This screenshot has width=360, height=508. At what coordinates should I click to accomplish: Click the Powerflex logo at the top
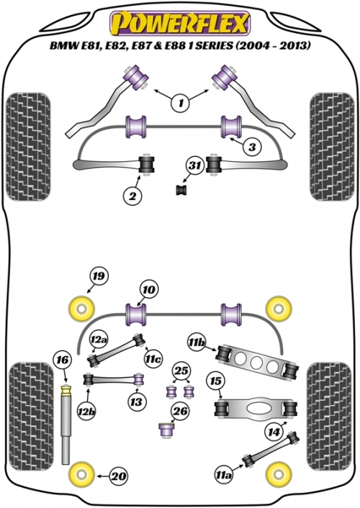pyautogui.click(x=180, y=23)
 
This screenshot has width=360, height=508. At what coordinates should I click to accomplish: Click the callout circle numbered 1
pyautogui.click(x=181, y=103)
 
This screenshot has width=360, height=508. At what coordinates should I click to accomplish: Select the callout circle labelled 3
pyautogui.click(x=252, y=147)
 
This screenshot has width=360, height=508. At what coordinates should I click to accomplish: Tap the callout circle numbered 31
pyautogui.click(x=195, y=166)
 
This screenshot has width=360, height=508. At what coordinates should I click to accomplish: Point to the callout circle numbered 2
pyautogui.click(x=132, y=196)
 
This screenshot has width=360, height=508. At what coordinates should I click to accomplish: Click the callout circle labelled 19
pyautogui.click(x=99, y=276)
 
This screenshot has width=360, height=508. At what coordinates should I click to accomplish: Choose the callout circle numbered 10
pyautogui.click(x=148, y=289)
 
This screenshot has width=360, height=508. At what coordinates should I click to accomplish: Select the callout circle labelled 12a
pyautogui.click(x=99, y=340)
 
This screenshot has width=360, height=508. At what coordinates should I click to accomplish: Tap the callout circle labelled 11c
pyautogui.click(x=154, y=358)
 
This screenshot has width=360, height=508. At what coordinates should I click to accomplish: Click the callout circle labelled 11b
pyautogui.click(x=197, y=342)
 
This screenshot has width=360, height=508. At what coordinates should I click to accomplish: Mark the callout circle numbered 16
pyautogui.click(x=63, y=360)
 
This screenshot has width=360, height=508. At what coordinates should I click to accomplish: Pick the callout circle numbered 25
pyautogui.click(x=181, y=371)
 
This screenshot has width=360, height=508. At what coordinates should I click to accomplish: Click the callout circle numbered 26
pyautogui.click(x=181, y=411)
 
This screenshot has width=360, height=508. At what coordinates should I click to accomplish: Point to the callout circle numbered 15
pyautogui.click(x=216, y=381)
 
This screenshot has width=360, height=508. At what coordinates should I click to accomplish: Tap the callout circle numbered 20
pyautogui.click(x=119, y=476)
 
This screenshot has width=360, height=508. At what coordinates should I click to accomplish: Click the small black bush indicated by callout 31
pyautogui.click(x=182, y=190)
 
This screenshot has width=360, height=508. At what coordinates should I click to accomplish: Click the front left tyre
pyautogui.click(x=29, y=147)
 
